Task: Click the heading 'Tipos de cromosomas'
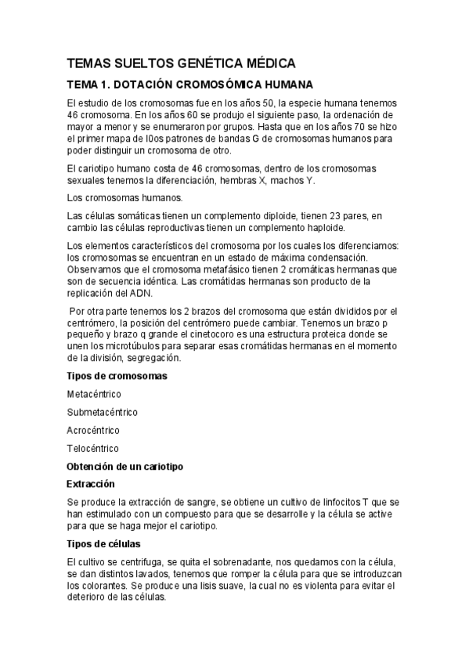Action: coord(117,376)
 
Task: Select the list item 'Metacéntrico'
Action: coord(95,394)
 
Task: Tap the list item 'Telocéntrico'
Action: coord(93,449)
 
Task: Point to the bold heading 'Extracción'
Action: coord(91,484)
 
